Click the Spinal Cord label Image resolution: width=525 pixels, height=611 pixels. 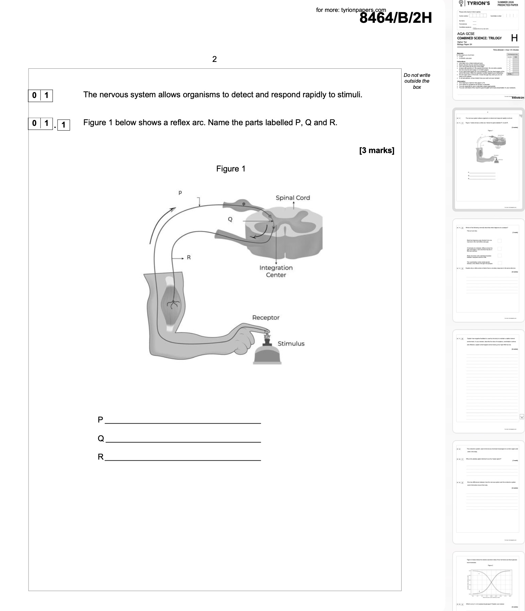(x=293, y=198)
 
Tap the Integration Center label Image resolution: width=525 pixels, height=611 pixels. (x=276, y=271)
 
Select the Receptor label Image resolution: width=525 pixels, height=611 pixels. (x=266, y=317)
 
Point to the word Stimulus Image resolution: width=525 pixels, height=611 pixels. (x=291, y=343)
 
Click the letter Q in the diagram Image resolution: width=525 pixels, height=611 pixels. (x=230, y=219)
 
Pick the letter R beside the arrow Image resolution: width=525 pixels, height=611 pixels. (x=189, y=258)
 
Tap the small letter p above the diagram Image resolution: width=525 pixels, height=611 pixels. (x=180, y=193)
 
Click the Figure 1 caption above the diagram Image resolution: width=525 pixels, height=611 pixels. (x=231, y=169)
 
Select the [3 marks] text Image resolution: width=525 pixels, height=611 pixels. (x=376, y=150)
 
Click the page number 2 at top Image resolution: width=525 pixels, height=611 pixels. (x=214, y=59)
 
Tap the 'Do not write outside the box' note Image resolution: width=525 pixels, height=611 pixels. (x=417, y=81)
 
